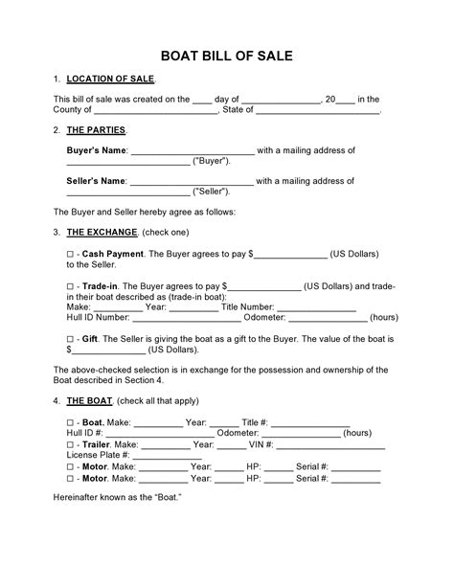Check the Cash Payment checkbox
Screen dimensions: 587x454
(x=70, y=255)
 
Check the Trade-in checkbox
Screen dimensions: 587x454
(x=70, y=285)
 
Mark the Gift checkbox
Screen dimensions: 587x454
(x=70, y=339)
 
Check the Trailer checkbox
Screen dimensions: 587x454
(x=70, y=444)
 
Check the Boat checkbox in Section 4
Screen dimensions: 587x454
(x=70, y=421)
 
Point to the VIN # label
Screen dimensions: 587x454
(x=263, y=444)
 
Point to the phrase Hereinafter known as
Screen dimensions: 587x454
(x=101, y=499)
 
